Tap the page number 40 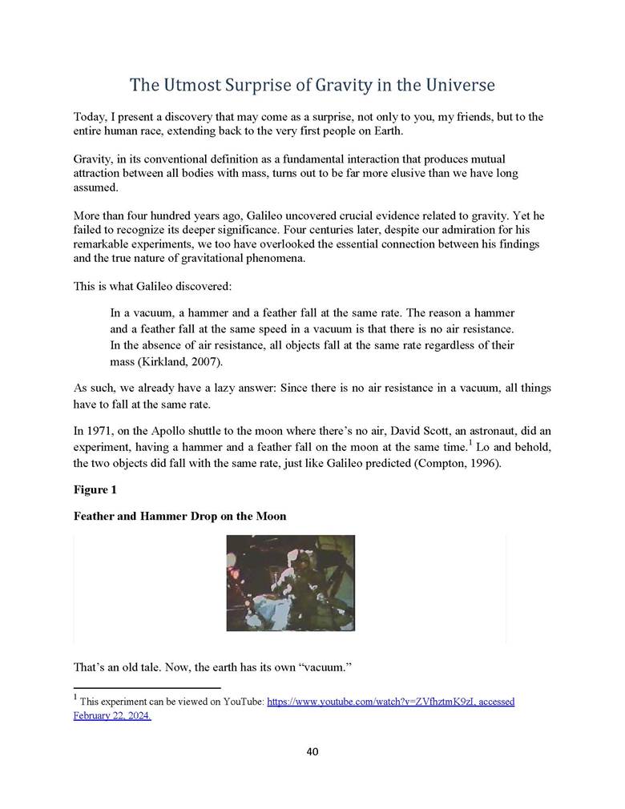coord(312,751)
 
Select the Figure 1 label coord(95,489)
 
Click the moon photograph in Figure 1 coord(290,582)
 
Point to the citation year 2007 coord(203,361)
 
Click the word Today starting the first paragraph coord(88,117)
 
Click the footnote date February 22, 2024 coord(112,716)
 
